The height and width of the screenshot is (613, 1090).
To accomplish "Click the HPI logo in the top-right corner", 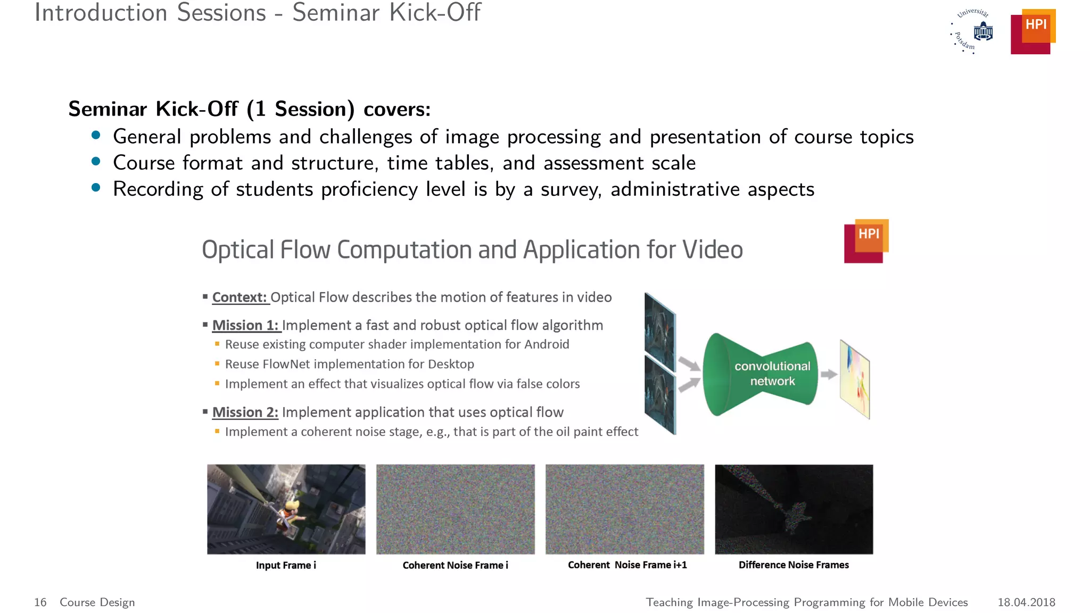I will click(1033, 31).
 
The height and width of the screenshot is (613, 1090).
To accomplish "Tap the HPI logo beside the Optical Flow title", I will click(866, 241).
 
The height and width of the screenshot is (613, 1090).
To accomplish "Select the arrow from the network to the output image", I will click(829, 375).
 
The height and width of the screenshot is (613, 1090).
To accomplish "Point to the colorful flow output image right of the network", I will click(855, 378).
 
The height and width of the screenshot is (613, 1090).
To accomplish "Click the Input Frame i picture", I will click(286, 509).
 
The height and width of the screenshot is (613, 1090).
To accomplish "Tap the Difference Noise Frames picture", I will click(794, 509).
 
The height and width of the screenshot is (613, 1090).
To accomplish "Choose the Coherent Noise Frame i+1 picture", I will click(624, 509).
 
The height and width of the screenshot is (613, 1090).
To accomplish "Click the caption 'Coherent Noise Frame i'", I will click(455, 565).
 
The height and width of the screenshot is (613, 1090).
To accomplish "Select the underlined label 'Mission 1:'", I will click(245, 325).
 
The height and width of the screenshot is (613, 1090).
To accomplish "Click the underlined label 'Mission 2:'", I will click(245, 412).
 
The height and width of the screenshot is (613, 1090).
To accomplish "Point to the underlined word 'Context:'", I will click(240, 297).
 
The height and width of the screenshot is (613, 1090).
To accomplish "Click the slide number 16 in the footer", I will click(40, 602).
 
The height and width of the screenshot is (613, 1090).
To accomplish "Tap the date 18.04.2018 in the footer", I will click(1026, 602).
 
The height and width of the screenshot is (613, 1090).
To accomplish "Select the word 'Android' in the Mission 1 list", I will click(547, 345).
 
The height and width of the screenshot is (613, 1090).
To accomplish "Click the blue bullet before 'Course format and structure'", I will click(96, 161).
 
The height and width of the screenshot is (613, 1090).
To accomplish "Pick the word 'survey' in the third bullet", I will click(570, 190).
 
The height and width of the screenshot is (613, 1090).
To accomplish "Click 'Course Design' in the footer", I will click(97, 602).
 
